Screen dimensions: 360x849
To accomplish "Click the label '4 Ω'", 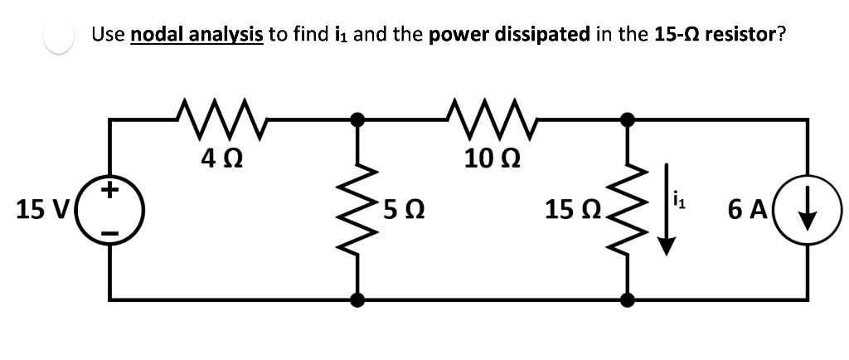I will point(221,156).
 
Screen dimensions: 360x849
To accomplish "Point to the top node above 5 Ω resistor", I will point(358,119).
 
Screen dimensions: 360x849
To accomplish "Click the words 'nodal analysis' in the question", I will point(196,34).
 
